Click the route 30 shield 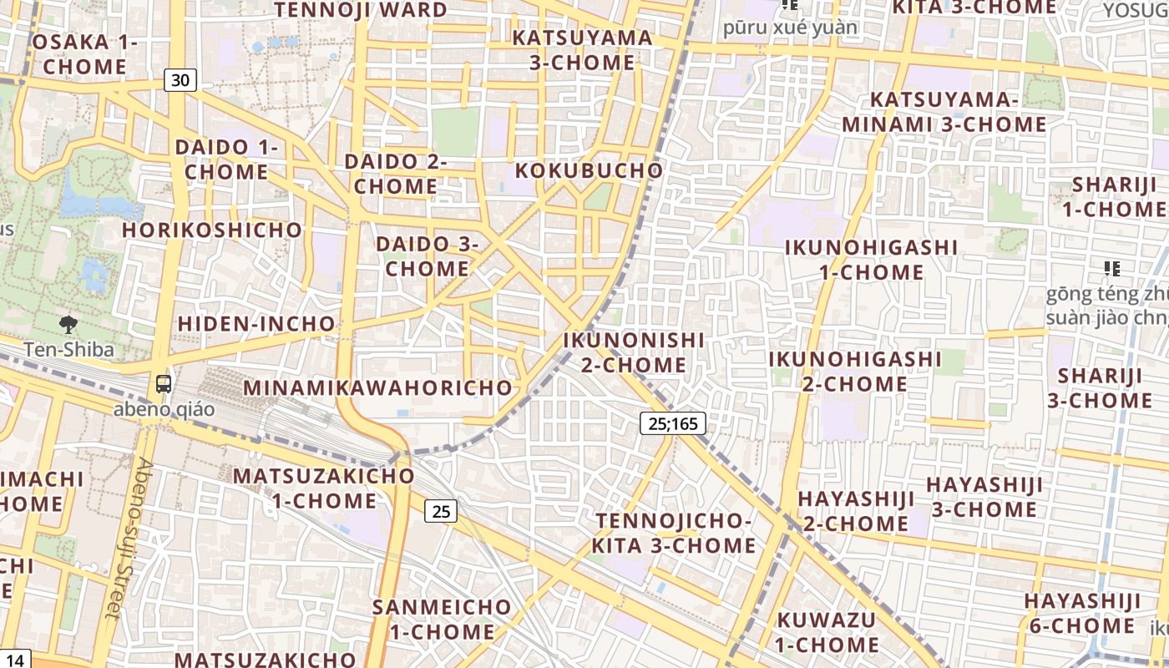[x=180, y=80]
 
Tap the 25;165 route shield [x=673, y=423]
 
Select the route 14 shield [x=15, y=659]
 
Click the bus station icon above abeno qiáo [x=164, y=384]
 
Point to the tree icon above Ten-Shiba [x=68, y=325]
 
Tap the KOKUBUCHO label [x=589, y=170]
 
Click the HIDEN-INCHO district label [x=256, y=323]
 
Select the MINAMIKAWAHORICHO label [x=377, y=387]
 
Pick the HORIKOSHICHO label [x=212, y=230]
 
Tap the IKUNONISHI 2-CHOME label [x=634, y=352]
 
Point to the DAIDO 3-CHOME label [x=427, y=256]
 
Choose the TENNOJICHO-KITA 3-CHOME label [x=674, y=533]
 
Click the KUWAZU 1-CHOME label [x=826, y=632]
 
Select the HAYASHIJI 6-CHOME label [x=1081, y=613]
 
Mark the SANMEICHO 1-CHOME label [x=442, y=619]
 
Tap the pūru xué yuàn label [x=790, y=28]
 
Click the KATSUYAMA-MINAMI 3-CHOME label [x=944, y=112]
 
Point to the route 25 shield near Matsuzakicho [x=441, y=510]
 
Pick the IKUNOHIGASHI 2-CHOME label [x=854, y=371]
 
